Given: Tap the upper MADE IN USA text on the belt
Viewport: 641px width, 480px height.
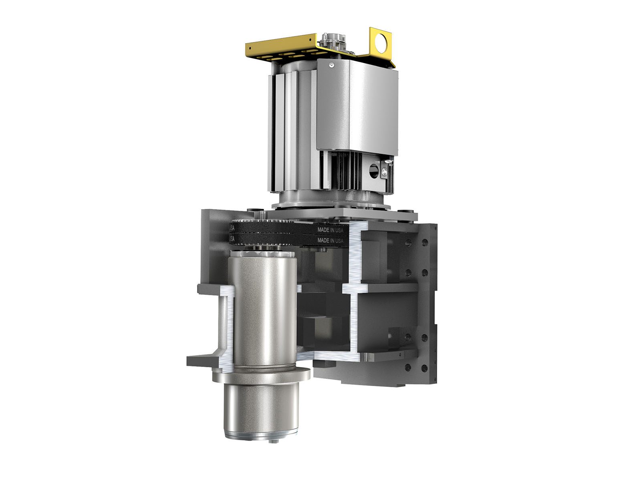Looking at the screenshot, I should click(330, 230).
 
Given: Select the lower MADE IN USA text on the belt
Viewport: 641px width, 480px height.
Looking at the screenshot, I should click(330, 240).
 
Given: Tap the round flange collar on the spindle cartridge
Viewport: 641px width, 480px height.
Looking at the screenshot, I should click(262, 376).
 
